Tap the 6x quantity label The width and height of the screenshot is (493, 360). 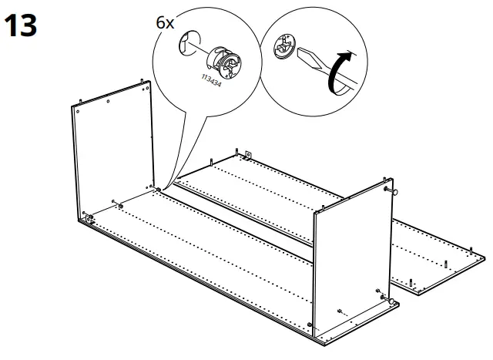(165, 23)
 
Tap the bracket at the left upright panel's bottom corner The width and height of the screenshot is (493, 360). (90, 219)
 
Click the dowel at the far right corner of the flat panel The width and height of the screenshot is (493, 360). (471, 248)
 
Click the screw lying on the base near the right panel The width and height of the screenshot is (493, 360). (341, 312)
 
